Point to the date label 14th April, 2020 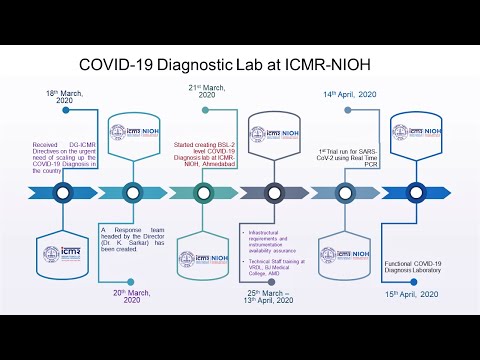tap(349, 94)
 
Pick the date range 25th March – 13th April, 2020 tap(273, 297)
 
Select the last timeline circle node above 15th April tap(413, 193)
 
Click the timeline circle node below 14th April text tap(342, 193)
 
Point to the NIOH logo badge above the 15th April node tap(413, 135)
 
